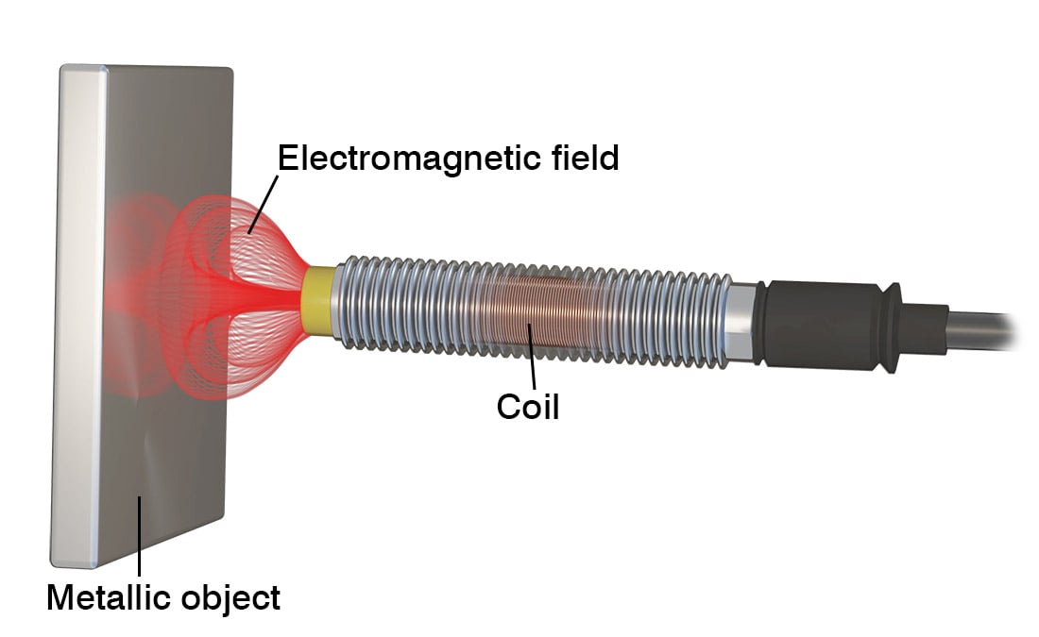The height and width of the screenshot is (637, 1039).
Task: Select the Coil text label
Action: [528, 407]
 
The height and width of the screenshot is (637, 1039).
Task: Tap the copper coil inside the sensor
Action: [529, 311]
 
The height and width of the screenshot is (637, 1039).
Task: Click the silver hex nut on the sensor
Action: [741, 318]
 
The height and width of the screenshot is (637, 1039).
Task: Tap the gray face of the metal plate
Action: [179, 453]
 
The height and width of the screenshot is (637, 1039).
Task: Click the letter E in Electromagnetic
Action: [287, 159]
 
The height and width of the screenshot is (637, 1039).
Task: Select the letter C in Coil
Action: [507, 407]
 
